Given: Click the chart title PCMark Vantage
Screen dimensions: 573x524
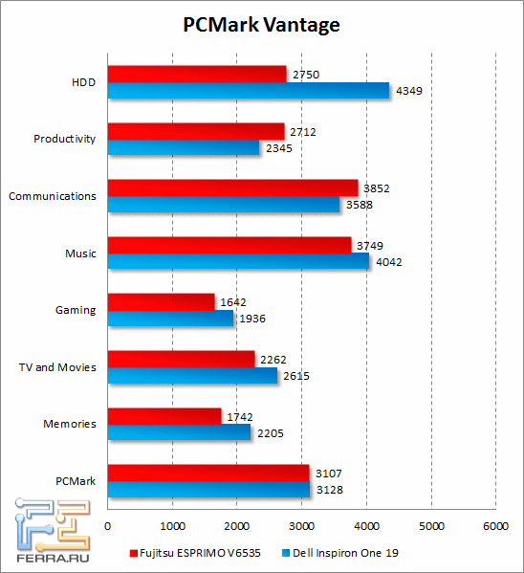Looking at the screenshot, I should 261,25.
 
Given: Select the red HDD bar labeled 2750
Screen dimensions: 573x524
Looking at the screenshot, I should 197,74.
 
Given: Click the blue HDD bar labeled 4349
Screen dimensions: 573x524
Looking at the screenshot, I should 249,91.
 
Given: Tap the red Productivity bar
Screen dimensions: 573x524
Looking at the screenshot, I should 196,131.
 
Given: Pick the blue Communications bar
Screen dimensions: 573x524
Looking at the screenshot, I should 224,205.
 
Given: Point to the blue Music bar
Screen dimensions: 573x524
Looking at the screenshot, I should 238,261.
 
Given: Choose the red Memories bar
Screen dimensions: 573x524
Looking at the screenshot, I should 164,416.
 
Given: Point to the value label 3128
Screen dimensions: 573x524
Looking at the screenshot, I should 329,491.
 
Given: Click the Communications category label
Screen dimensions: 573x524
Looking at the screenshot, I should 52,196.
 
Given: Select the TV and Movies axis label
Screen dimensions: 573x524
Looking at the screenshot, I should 57,367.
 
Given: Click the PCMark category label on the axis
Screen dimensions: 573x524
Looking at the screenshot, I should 76,481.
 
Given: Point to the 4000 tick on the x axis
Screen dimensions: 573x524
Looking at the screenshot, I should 366,526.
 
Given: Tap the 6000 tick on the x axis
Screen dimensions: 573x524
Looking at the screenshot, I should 495,526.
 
